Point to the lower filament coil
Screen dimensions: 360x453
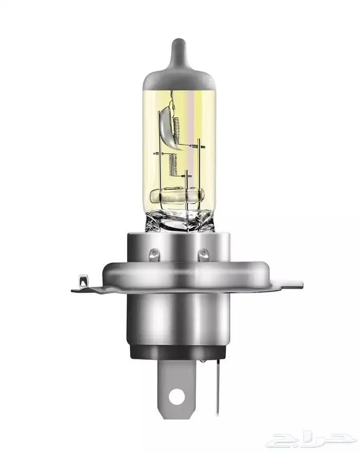pyautogui.click(x=173, y=164)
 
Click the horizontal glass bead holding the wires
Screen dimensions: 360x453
pyautogui.click(x=177, y=195)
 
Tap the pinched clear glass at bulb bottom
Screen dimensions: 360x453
pyautogui.click(x=179, y=220)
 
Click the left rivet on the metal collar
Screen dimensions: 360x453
pyautogui.click(x=154, y=254)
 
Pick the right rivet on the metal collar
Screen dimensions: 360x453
pyautogui.click(x=204, y=254)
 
